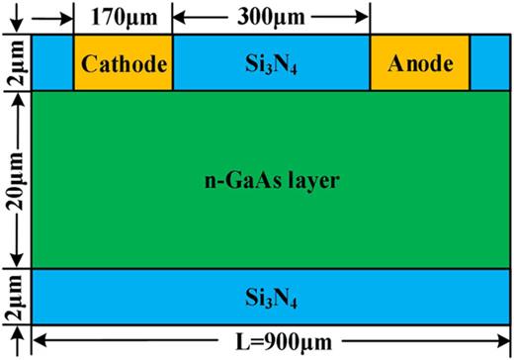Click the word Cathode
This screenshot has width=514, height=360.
pos(124,65)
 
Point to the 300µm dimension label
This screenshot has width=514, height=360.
pos(271,16)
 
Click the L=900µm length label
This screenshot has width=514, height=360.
pos(269,343)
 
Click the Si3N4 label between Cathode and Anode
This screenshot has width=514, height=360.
pos(271,66)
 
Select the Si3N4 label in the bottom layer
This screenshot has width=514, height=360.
pos(271,297)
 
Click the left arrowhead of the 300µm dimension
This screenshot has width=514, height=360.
pos(180,17)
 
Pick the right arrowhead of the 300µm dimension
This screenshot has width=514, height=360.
pos(365,17)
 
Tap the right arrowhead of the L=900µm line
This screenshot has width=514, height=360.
pos(503,343)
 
